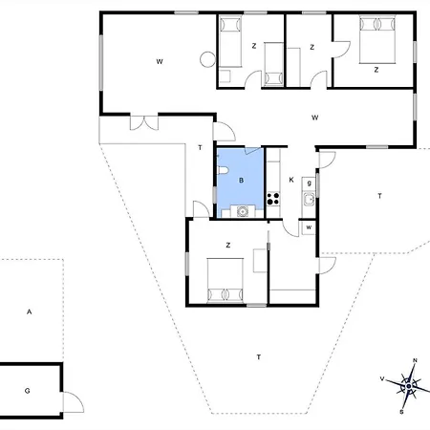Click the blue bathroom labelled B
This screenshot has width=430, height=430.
coord(241,183)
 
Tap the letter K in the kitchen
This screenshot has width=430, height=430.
coord(291,180)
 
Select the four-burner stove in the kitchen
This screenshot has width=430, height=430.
coord(273,199)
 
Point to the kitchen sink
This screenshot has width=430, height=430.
coord(309,200)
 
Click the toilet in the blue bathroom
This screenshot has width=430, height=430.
coord(223,171)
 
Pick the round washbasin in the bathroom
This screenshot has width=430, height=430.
coord(243,211)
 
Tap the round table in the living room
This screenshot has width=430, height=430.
coord(207,59)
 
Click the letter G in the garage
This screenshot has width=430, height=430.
coord(28,391)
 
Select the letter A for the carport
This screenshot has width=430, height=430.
coord(29,312)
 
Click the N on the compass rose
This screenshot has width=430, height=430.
coord(415,360)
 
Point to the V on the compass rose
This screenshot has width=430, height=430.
coord(382,378)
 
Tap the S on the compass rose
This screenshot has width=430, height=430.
coord(401,412)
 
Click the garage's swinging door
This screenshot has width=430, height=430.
coord(74,402)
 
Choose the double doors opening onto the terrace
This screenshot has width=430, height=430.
coord(144,122)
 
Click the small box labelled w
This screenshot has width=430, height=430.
coord(309,227)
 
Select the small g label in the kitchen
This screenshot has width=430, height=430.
coord(309,183)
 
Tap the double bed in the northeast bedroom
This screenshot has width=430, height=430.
coord(377,39)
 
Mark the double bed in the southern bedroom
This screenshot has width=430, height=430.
coord(226,280)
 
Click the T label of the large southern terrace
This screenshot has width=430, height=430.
coord(259,357)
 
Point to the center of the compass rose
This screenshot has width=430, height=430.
coord(409,386)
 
